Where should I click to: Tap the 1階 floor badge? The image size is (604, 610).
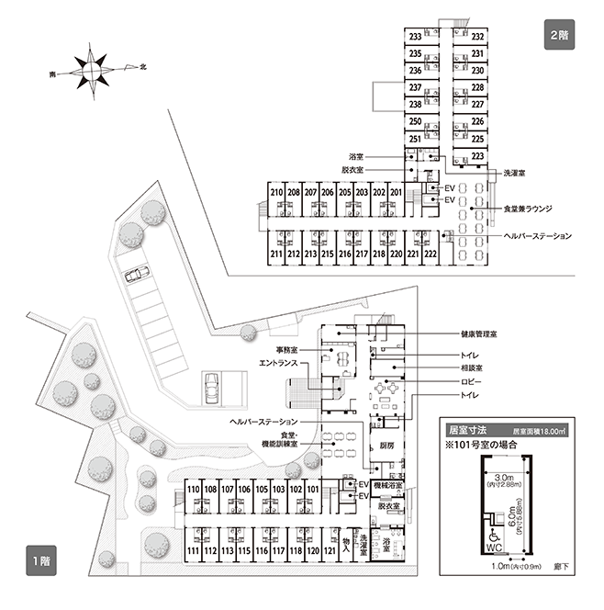[39, 559]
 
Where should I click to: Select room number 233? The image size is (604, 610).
[415, 37]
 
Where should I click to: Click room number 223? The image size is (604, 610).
[477, 156]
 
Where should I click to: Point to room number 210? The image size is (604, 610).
[275, 192]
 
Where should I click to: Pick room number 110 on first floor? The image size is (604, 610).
[193, 489]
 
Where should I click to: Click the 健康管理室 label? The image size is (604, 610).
[467, 334]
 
